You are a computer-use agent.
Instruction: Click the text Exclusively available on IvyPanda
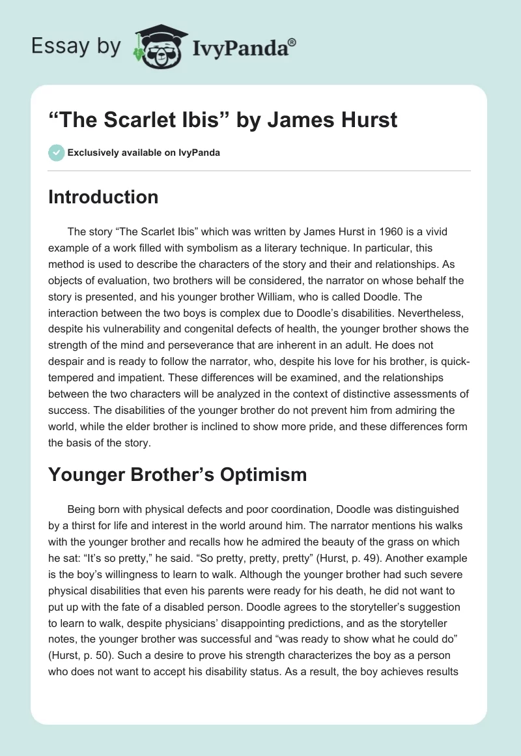(x=143, y=153)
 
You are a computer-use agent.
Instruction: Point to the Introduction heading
(x=103, y=197)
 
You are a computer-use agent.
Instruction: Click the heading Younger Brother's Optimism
(x=177, y=474)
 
